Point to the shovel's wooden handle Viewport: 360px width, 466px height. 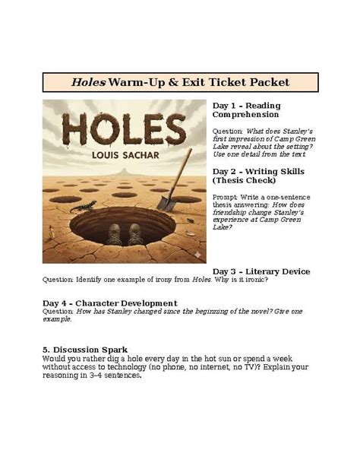pos(181,167)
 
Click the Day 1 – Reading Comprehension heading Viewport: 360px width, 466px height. pos(246,109)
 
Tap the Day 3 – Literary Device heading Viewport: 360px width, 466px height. pos(261,271)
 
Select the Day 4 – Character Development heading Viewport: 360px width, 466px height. pos(110,303)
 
